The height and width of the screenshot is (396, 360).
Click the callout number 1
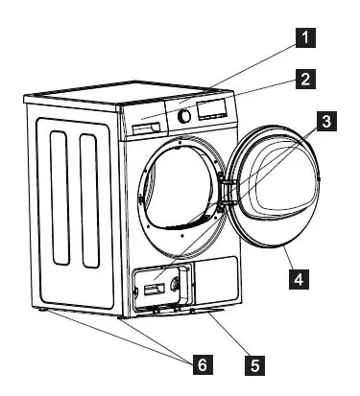(303, 38)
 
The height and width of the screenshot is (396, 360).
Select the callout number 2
(303, 80)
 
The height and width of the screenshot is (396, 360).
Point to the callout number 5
(254, 363)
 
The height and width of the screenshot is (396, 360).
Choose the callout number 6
(202, 363)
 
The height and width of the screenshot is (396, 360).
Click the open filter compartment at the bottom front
(161, 286)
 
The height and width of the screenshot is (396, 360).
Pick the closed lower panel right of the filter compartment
(215, 278)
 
